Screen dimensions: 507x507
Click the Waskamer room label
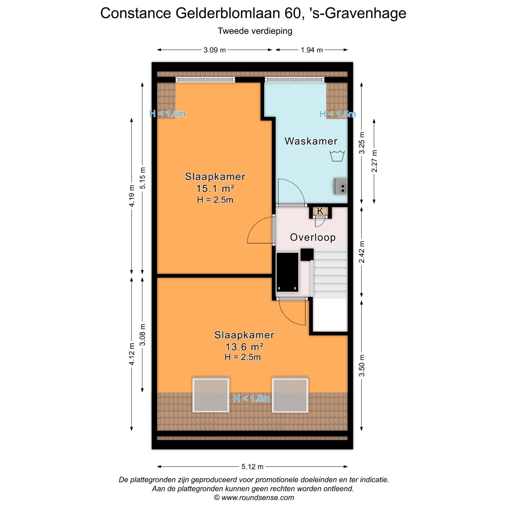[311, 141]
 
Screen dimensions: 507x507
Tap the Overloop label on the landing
[313, 237]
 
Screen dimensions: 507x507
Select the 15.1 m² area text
[215, 189]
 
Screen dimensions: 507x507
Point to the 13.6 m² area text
[244, 346]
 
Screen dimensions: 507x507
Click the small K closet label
[320, 211]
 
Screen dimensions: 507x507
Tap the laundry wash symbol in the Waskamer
[337, 156]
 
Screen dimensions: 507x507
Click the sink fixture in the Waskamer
[341, 186]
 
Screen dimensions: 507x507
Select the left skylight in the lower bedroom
[211, 395]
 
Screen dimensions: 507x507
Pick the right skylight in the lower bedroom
[290, 395]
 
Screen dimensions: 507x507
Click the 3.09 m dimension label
[214, 50]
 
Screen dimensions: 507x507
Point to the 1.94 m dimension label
[312, 50]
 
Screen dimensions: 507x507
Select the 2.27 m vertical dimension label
[374, 161]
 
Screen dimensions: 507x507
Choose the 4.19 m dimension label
[132, 196]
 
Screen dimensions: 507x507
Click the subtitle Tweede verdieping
[255, 31]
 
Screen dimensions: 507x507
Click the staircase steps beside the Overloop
[330, 272]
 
